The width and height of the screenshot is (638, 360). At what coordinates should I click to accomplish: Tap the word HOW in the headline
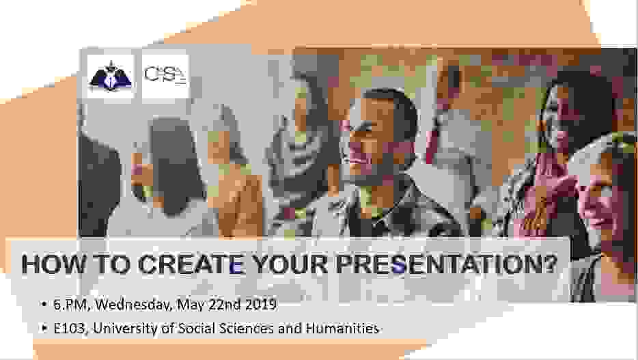click(x=51, y=264)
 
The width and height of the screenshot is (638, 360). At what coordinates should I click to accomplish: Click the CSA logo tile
click(x=164, y=77)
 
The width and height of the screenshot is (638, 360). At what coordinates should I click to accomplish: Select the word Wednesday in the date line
click(x=133, y=303)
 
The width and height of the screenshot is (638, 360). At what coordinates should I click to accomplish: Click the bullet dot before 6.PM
click(x=44, y=303)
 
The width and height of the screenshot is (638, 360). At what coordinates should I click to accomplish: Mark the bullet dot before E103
click(x=44, y=329)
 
